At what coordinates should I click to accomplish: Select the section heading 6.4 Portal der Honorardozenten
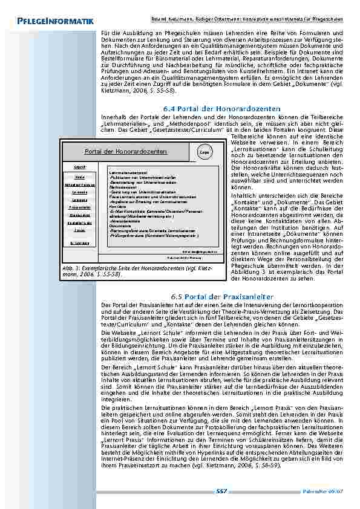[223, 108]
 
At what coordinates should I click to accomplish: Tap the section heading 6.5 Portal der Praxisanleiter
[223, 296]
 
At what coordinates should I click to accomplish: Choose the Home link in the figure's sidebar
[79, 177]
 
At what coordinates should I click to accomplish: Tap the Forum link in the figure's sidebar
[79, 230]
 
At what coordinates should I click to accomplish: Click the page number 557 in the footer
[221, 491]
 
